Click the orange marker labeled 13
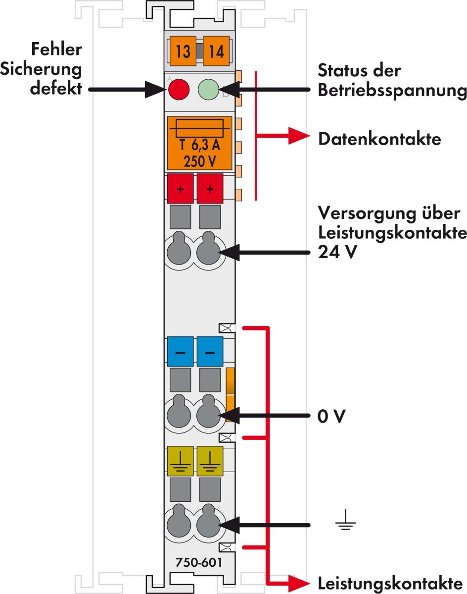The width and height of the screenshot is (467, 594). (183, 51)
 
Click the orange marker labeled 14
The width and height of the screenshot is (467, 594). (216, 51)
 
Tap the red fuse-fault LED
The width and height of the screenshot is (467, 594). (179, 90)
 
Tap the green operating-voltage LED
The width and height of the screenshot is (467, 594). (208, 90)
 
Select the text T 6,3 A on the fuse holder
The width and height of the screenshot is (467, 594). (200, 147)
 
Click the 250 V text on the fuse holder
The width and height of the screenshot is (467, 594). (200, 162)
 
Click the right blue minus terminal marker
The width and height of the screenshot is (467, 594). (210, 352)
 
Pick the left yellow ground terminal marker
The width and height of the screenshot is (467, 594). (180, 461)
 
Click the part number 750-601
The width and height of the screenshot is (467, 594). (198, 563)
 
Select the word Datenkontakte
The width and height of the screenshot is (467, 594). (379, 139)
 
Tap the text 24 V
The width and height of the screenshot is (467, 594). (337, 252)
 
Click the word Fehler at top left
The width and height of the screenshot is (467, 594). (56, 50)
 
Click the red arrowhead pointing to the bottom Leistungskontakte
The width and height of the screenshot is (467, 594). (298, 582)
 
